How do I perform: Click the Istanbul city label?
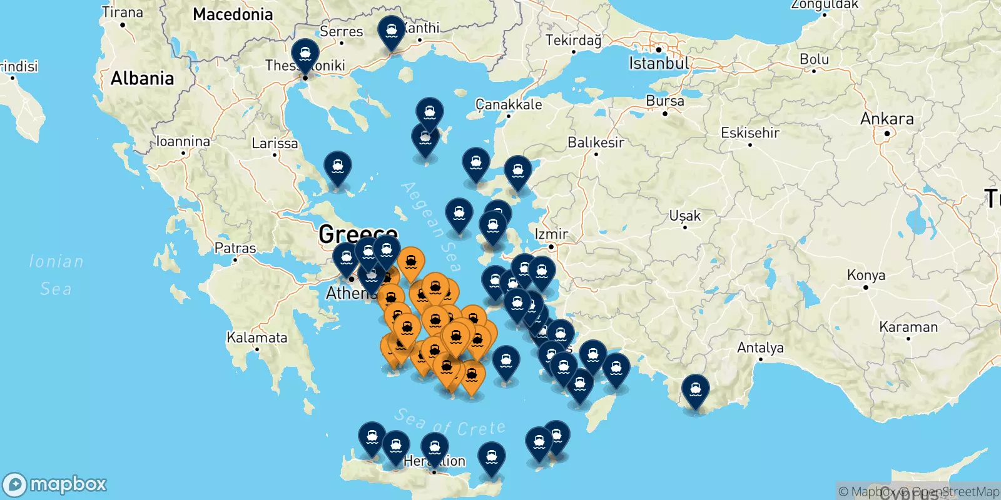click(x=659, y=63)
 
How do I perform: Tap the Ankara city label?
click(x=887, y=119)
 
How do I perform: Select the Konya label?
click(x=866, y=275)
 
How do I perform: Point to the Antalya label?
click(x=760, y=347)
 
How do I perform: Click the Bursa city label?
click(x=665, y=101)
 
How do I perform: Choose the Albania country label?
click(x=142, y=78)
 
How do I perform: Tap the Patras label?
click(x=235, y=248)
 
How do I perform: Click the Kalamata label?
click(x=257, y=337)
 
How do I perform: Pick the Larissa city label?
click(x=275, y=143)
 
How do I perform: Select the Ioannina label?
click(x=183, y=141)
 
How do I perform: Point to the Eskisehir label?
click(x=750, y=132)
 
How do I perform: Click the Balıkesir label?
click(x=596, y=142)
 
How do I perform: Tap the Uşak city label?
click(x=685, y=216)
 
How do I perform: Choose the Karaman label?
click(x=908, y=327)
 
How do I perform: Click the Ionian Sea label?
click(x=56, y=275)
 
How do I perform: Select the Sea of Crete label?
click(x=450, y=423)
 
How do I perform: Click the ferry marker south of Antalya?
click(x=696, y=389)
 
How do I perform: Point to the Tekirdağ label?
click(x=573, y=41)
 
